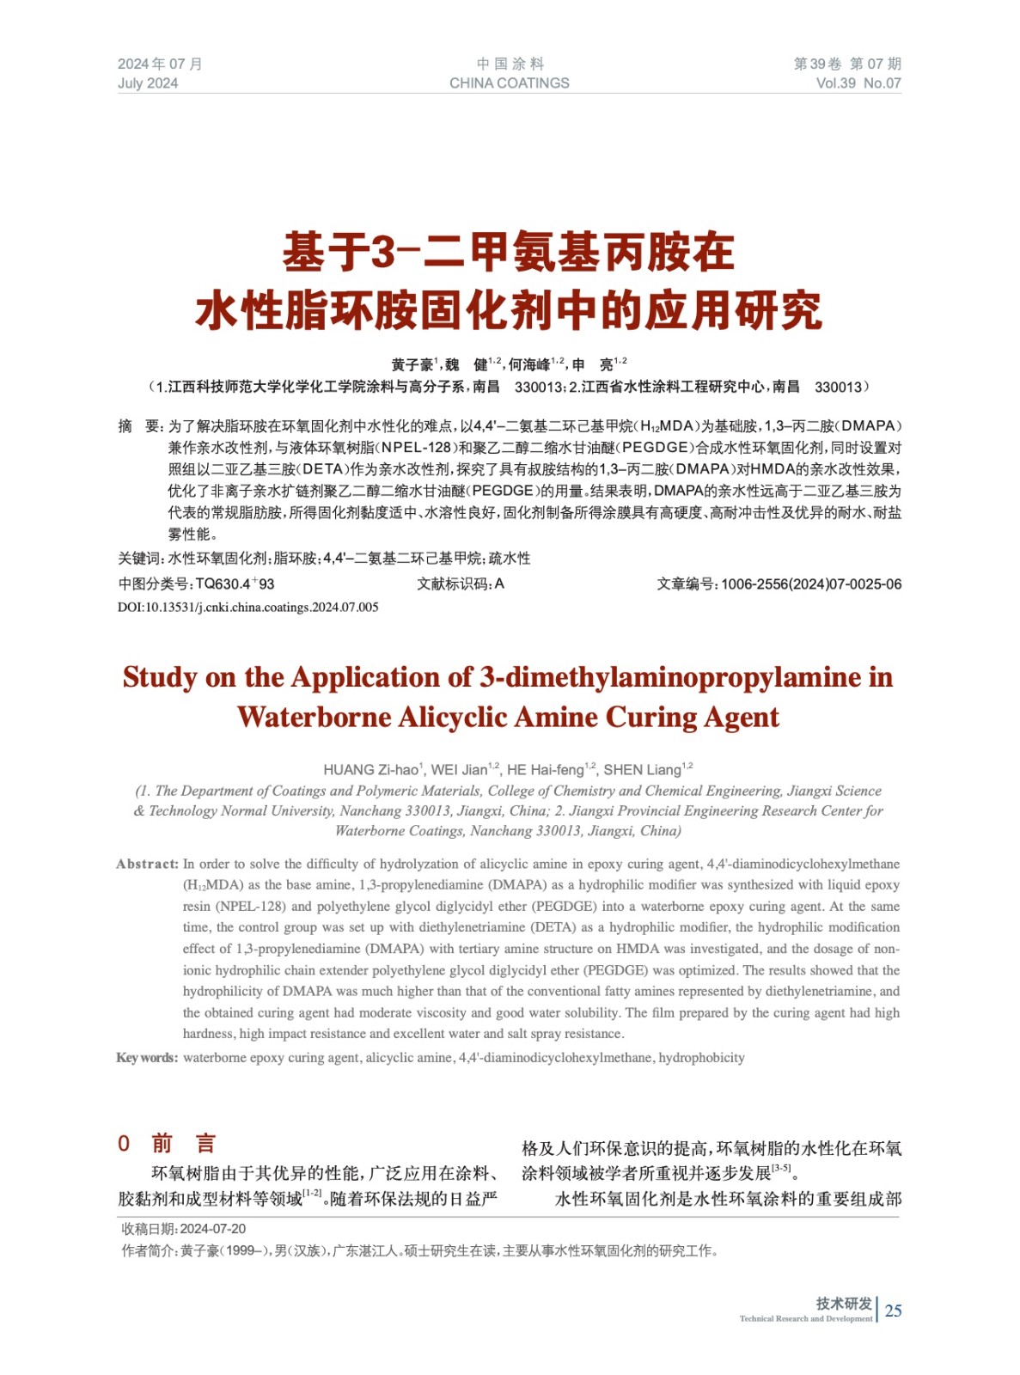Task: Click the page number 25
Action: point(893,1310)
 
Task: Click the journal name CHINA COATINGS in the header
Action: point(509,83)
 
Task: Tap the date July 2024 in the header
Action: point(148,83)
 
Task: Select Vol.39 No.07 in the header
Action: point(858,83)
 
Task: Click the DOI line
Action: point(248,608)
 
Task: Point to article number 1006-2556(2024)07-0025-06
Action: point(810,584)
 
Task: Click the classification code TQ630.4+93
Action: point(235,584)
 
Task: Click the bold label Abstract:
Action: point(147,865)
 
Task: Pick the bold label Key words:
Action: point(147,1058)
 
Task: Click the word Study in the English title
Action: point(160,677)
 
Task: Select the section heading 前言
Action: point(183,1143)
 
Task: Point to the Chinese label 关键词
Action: point(138,559)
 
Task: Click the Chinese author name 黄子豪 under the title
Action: point(412,365)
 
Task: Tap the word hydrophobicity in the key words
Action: point(701,1058)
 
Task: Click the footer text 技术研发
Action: point(844,1303)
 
